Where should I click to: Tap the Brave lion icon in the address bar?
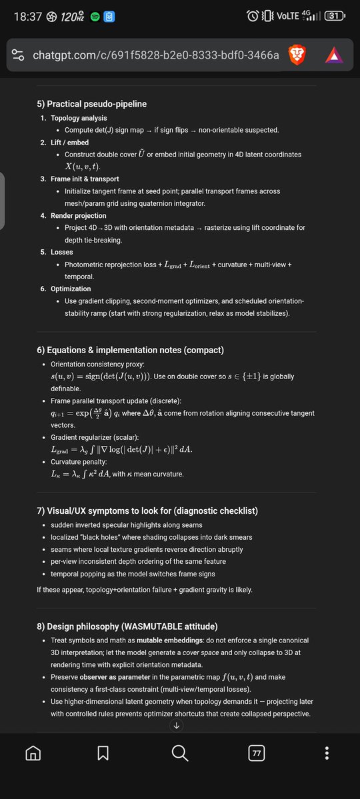coord(297,55)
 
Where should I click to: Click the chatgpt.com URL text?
coord(155,56)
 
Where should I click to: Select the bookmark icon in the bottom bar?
coord(103,753)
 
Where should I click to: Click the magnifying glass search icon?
coord(180,753)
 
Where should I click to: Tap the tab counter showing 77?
coord(256,754)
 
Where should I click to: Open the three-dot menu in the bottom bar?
coord(326,753)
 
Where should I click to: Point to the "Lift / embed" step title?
coord(69,143)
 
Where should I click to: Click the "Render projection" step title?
coord(78,216)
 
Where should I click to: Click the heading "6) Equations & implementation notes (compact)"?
coord(130,350)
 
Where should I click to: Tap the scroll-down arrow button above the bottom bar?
coord(177,726)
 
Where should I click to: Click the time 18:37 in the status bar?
coord(27,16)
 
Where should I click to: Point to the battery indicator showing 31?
coord(334,16)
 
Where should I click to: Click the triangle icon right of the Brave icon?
coord(334,56)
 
